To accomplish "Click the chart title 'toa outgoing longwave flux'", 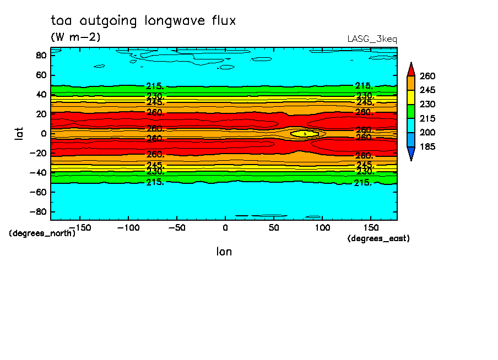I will coord(143,21).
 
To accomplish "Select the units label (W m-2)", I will coord(75,37).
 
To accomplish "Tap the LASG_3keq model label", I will coord(372,39).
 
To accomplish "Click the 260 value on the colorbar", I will coord(427,76).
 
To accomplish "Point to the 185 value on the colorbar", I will coord(427,147).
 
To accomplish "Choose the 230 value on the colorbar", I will coord(427,104).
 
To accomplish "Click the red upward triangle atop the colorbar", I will coord(411,69).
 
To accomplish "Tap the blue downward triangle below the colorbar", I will coord(411,154).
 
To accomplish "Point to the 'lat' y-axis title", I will coord(19,133).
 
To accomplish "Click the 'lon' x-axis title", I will coord(224,252).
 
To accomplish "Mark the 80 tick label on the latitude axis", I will coord(40,55).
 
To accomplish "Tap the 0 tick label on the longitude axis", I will coord(225,227).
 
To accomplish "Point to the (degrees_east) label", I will coord(378,238).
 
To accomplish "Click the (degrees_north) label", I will coord(42,233).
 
